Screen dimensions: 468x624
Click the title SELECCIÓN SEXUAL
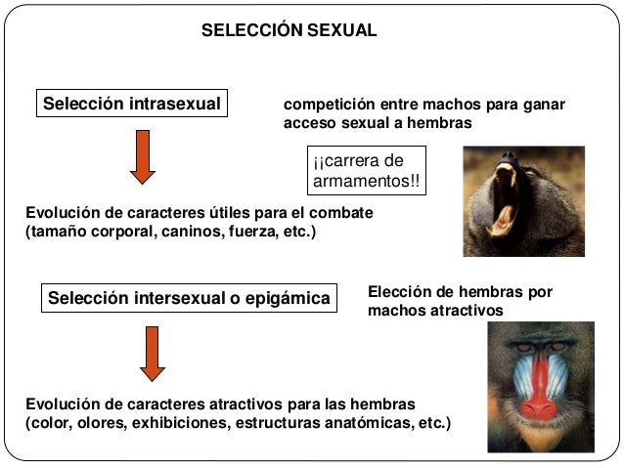pyautogui.click(x=289, y=30)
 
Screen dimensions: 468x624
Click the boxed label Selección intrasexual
pyautogui.click(x=131, y=104)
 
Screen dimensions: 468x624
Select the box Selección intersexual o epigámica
pyautogui.click(x=189, y=297)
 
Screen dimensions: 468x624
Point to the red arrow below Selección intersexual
pyautogui.click(x=153, y=353)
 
